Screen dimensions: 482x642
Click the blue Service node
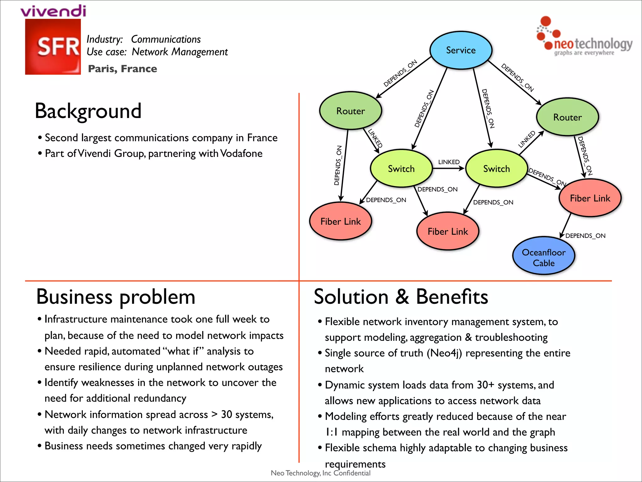[460, 50]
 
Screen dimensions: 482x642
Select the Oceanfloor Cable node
[544, 256]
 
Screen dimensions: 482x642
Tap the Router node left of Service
[350, 111]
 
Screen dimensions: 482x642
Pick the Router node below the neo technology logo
[567, 117]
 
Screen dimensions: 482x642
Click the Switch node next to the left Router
[401, 169]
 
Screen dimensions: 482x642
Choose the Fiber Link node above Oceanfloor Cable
[590, 198]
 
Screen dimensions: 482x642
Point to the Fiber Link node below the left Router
[340, 221]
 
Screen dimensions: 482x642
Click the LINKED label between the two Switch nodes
[449, 162]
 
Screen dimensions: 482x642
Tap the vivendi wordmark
[53, 11]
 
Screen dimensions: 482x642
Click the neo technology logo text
[593, 44]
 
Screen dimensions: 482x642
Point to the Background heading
[88, 111]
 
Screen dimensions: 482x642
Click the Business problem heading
[116, 297]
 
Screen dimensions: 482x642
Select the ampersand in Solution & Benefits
[402, 297]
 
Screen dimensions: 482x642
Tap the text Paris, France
[123, 69]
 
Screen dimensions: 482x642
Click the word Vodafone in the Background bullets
[241, 153]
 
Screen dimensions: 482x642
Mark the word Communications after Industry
[166, 39]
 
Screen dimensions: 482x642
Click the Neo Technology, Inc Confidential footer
[320, 473]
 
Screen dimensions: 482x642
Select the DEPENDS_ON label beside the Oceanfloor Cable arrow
[585, 236]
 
